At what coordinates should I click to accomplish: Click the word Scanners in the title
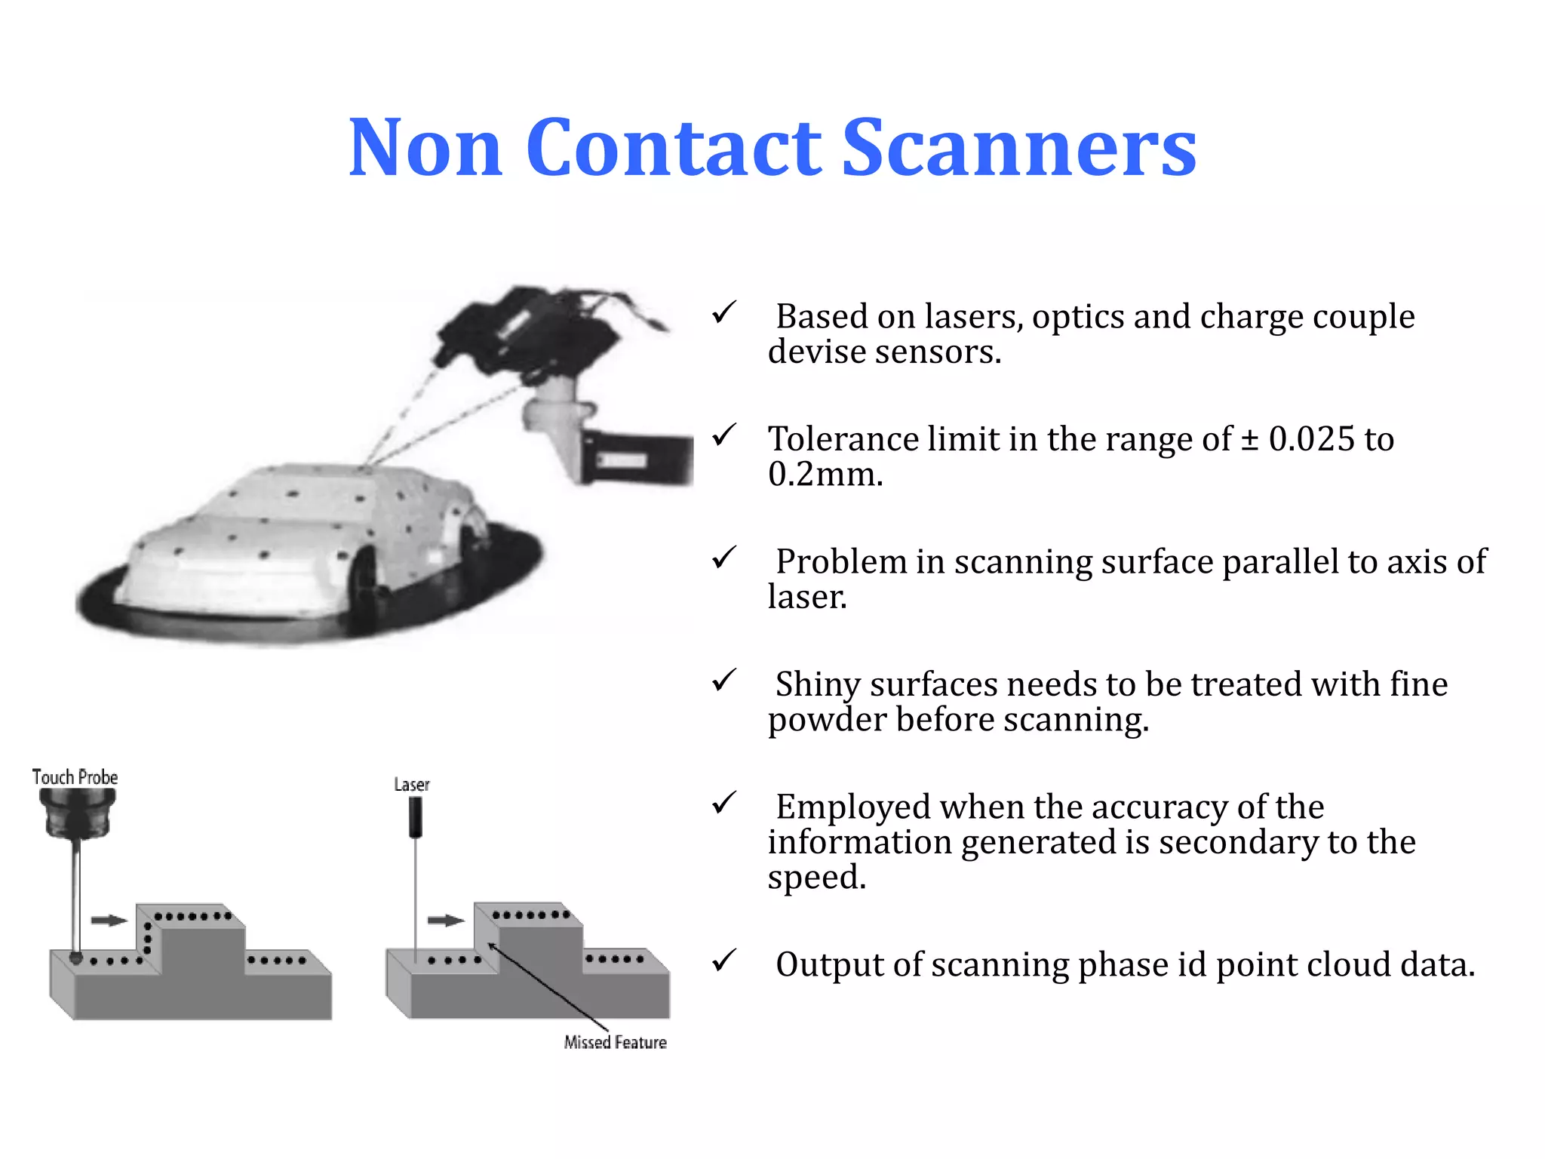(1018, 149)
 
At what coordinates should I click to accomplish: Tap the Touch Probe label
(75, 777)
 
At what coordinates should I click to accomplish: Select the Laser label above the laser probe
(412, 785)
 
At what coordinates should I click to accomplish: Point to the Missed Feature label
(615, 1042)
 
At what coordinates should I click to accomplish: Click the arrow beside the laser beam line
(446, 921)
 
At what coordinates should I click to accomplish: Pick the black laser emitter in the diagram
(415, 817)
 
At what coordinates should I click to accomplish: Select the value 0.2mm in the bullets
(825, 475)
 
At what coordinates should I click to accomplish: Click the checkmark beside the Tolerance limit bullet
(723, 435)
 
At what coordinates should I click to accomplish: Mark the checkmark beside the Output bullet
(723, 961)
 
